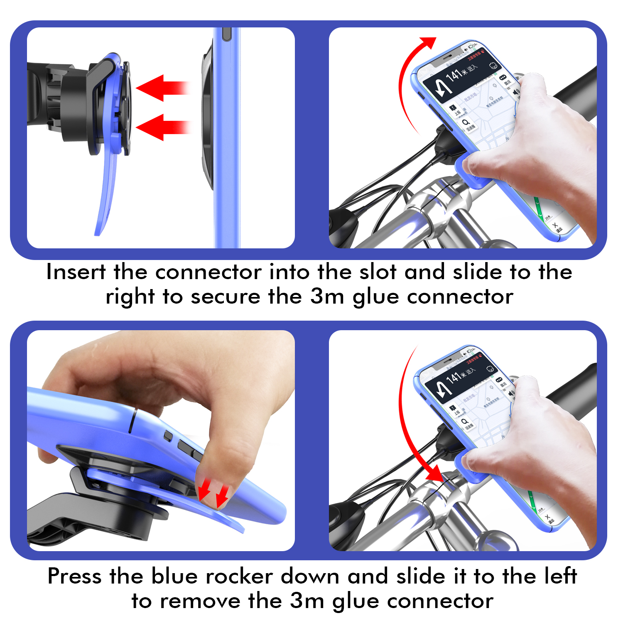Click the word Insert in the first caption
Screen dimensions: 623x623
tap(76, 272)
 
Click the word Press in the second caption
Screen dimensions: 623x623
tap(74, 576)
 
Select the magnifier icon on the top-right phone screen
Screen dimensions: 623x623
tap(466, 123)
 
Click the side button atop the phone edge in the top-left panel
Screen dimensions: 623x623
tap(226, 34)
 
